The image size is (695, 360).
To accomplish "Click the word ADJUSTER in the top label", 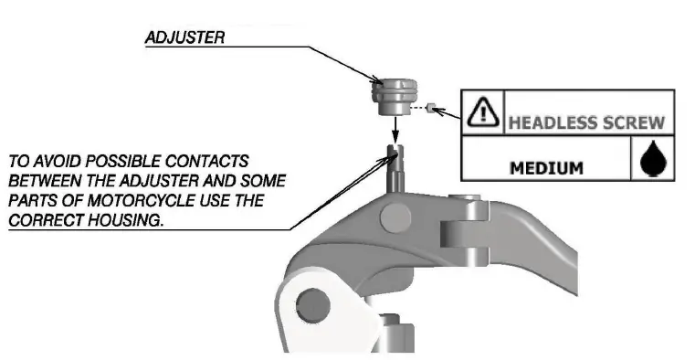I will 184,39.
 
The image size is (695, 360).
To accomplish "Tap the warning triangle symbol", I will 480,112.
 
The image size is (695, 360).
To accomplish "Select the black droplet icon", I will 651,161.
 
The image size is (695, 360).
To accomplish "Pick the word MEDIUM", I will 546,168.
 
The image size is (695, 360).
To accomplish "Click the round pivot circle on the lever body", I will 396,217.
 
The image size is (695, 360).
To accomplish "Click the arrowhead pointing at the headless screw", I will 437,110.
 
